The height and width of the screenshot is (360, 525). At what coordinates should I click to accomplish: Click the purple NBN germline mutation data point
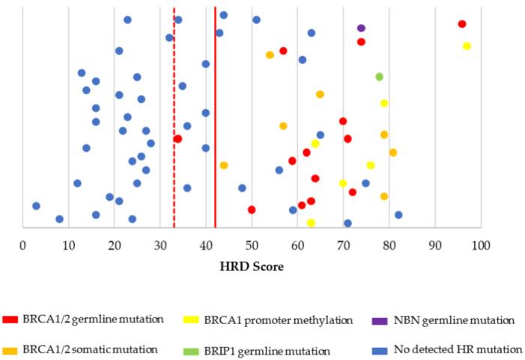361,28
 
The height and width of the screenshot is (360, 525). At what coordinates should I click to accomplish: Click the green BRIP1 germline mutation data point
379,76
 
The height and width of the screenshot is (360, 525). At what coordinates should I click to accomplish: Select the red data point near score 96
462,24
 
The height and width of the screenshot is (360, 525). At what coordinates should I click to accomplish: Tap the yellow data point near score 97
467,46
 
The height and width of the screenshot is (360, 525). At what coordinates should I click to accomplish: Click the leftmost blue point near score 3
36,206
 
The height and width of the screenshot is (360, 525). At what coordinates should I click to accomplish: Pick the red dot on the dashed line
177,138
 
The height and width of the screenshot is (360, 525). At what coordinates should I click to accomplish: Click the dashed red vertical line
174,90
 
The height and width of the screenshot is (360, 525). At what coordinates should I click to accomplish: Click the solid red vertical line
215,90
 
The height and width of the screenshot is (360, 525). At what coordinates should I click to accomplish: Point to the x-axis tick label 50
252,244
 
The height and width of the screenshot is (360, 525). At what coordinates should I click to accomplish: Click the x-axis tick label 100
480,244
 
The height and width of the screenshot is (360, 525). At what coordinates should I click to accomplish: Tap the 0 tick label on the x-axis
23,244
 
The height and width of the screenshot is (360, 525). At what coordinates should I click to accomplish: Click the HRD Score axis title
252,266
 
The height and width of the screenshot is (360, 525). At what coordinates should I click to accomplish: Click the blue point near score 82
398,215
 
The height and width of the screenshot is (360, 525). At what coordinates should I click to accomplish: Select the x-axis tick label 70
343,244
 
